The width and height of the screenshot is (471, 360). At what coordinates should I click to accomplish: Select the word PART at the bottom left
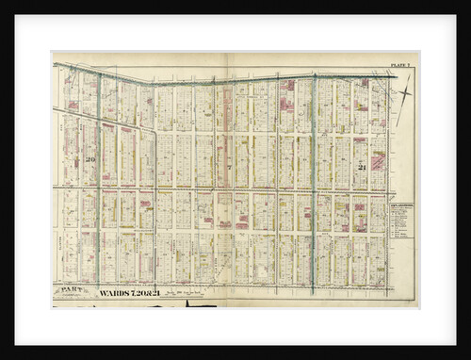[x=69, y=290]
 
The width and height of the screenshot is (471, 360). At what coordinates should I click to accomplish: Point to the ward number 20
[x=91, y=159]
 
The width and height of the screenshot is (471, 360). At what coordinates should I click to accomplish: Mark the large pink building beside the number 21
[x=378, y=161]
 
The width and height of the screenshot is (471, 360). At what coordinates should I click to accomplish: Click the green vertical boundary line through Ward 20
[x=100, y=179]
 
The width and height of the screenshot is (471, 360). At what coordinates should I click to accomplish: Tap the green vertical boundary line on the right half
[x=313, y=179]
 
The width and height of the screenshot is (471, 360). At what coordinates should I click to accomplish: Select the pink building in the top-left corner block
[x=73, y=105]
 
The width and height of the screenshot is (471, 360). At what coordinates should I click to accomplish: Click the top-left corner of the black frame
[x=3, y=3]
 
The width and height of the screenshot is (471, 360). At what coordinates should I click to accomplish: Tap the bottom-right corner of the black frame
[x=467, y=356]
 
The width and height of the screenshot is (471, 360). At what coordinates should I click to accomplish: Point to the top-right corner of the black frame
[x=467, y=3]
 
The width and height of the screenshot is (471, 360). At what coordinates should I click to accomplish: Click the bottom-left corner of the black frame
[x=3, y=356]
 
